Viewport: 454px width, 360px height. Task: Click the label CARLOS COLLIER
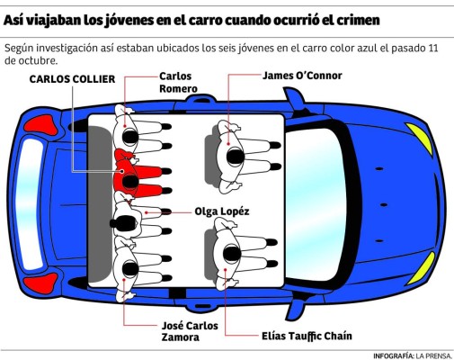pos(72,79)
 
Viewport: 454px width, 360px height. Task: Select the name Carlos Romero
pos(178,83)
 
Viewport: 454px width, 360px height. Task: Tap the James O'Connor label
pos(302,76)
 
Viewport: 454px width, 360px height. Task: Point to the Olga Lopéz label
pos(222,211)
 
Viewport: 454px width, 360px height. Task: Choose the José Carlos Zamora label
pos(190,331)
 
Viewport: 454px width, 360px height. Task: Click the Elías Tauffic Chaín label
pos(307,336)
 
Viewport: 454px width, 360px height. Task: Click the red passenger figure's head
pos(130,182)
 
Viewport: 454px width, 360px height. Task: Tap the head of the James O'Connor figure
pos(235,157)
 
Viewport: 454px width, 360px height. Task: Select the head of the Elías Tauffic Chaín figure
pos(232,254)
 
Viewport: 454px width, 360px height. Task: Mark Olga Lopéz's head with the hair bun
pos(125,223)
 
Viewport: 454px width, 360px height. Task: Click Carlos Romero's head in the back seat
pos(130,138)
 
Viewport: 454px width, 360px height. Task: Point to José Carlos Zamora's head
pos(130,268)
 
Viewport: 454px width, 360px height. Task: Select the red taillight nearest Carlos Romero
pos(41,125)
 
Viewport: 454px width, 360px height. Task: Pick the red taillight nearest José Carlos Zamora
pos(41,283)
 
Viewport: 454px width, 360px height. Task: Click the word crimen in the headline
pos(358,21)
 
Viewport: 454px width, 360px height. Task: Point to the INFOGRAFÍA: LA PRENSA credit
pos(412,355)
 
